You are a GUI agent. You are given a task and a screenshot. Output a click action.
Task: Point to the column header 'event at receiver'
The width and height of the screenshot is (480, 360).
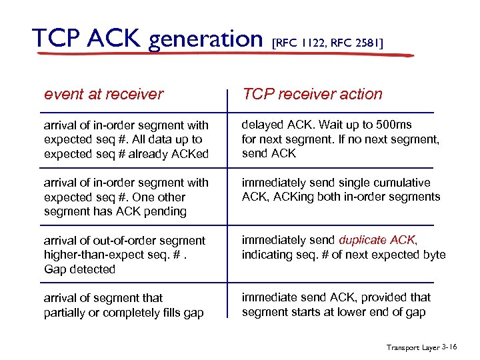103,94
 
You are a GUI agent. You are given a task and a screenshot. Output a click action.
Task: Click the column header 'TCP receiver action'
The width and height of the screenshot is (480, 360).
312,94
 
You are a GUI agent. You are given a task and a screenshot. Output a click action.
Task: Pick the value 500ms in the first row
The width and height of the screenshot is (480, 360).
393,125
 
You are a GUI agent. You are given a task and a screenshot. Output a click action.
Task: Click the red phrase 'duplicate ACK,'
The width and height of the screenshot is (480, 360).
378,240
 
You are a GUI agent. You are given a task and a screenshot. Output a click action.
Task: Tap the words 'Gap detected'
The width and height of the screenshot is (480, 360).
79,269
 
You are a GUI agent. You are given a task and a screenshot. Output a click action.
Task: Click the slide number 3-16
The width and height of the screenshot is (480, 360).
449,347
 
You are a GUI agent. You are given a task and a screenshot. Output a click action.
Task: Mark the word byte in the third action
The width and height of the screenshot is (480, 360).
432,255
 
